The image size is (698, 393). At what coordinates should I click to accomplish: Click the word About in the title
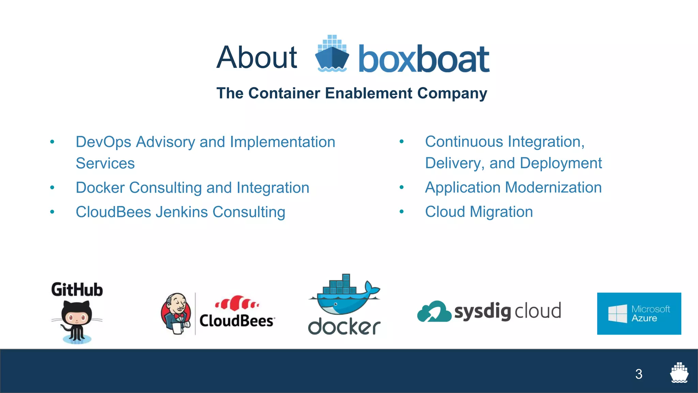(x=257, y=57)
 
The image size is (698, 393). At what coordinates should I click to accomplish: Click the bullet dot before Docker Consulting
(x=52, y=187)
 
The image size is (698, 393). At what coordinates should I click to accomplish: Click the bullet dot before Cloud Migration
(x=401, y=212)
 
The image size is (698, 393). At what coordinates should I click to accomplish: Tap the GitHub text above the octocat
(x=77, y=290)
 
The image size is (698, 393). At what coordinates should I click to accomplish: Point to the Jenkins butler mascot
(x=176, y=314)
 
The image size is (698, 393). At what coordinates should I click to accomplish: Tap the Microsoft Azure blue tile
(x=639, y=314)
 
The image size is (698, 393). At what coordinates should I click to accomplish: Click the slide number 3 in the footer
(x=639, y=374)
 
